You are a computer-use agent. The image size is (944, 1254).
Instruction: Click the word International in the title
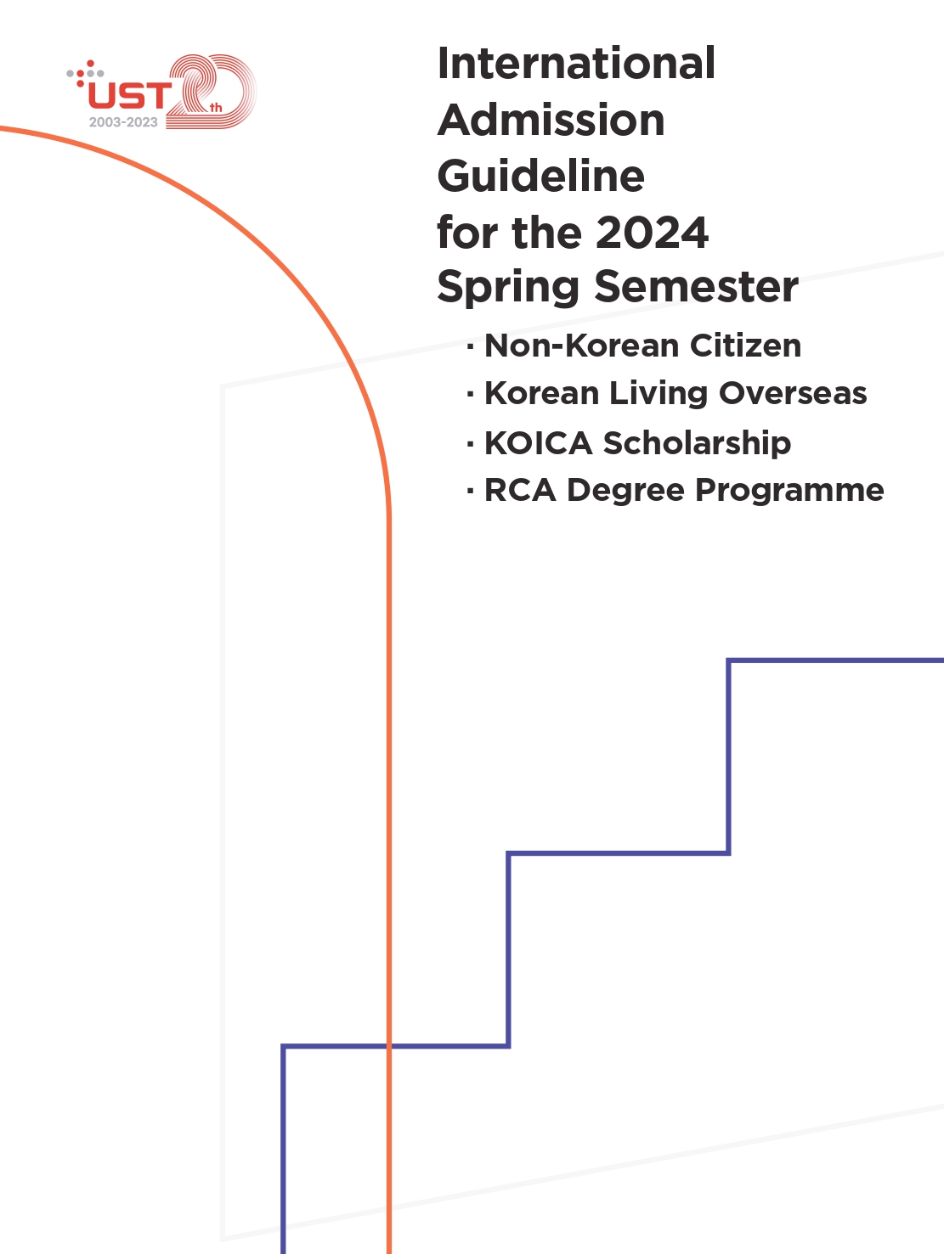click(576, 63)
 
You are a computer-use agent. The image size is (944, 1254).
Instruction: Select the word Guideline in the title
click(541, 176)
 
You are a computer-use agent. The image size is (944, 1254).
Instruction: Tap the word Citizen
click(745, 346)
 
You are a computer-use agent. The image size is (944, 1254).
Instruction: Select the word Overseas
click(793, 394)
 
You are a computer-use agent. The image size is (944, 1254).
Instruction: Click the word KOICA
click(538, 442)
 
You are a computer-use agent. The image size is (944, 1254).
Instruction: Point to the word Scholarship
click(697, 444)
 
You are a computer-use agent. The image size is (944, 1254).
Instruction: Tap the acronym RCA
click(520, 490)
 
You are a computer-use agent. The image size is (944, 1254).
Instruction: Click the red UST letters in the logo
click(130, 95)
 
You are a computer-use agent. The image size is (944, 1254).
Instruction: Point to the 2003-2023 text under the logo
click(123, 122)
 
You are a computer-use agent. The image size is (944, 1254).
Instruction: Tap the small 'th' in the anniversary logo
click(216, 108)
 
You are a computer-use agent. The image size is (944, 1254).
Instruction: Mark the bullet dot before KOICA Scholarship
click(471, 443)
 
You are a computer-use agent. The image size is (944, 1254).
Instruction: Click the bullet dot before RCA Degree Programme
click(471, 490)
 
